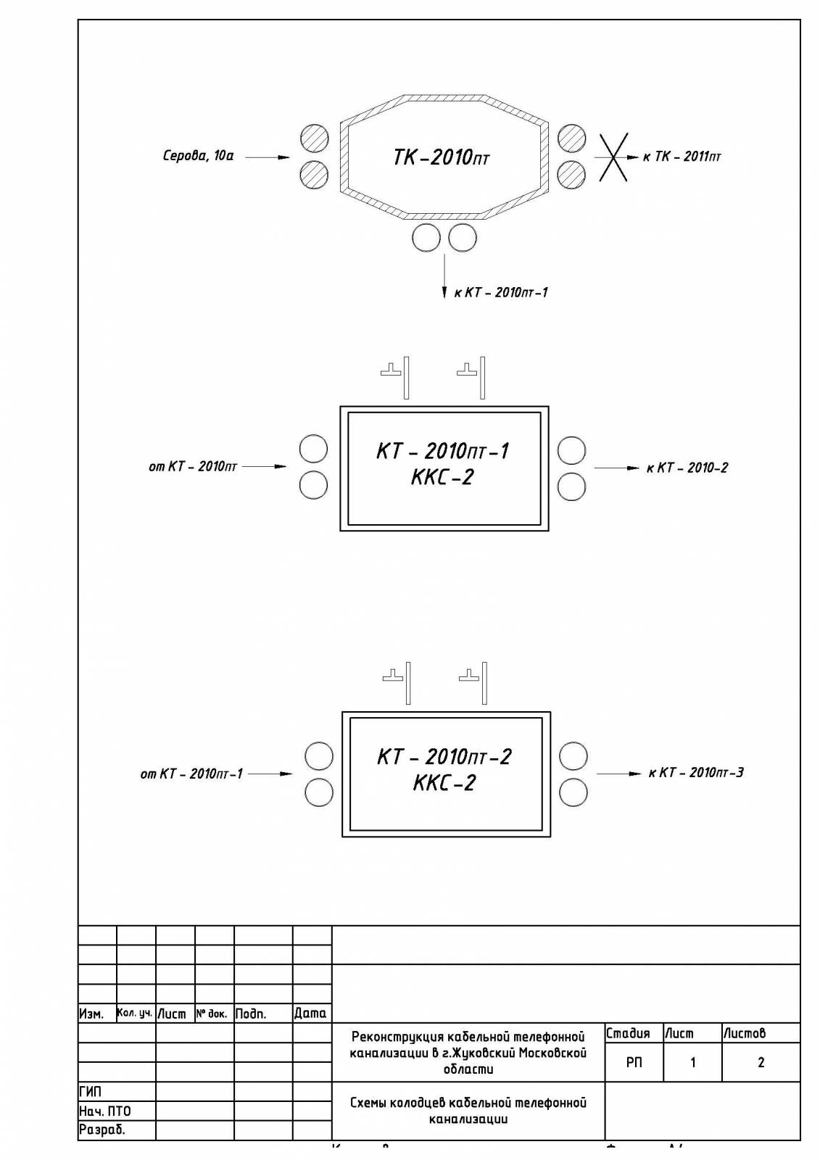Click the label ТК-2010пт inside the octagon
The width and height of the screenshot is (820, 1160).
point(441,157)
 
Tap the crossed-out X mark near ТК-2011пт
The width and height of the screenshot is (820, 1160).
point(613,157)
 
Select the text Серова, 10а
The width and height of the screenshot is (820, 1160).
point(198,156)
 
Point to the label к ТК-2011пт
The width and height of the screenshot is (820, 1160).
point(682,157)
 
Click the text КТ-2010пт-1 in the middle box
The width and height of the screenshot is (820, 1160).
point(442,451)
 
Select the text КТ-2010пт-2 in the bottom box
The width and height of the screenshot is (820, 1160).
point(444,757)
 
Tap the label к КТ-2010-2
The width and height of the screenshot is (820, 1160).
point(687,468)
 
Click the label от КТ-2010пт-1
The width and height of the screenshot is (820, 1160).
point(191,774)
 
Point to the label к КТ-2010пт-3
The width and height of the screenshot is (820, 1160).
point(696,773)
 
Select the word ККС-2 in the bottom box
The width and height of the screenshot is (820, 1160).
point(444,784)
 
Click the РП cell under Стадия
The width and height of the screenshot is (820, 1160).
point(634,1063)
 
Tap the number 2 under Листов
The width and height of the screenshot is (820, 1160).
point(761,1063)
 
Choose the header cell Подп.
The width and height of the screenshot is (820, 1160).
point(251,1014)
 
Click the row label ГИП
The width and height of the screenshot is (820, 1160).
point(91,1092)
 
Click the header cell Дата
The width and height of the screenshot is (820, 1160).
point(310,1014)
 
